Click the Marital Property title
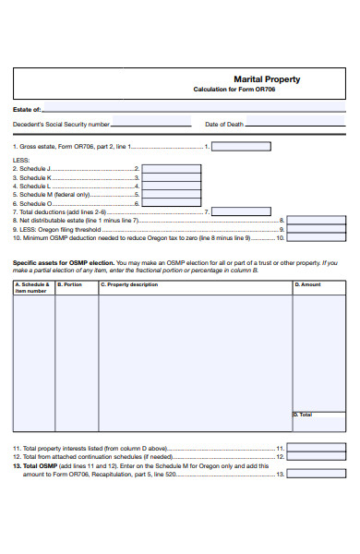coord(266,79)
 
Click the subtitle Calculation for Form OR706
coord(235,90)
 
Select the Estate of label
coord(27,109)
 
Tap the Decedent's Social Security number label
coord(61,124)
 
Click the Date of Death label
coord(223,124)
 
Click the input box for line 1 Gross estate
coord(241,146)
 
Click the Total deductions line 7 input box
coord(241,211)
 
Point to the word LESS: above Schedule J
coord(21,159)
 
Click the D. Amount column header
coord(308,284)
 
